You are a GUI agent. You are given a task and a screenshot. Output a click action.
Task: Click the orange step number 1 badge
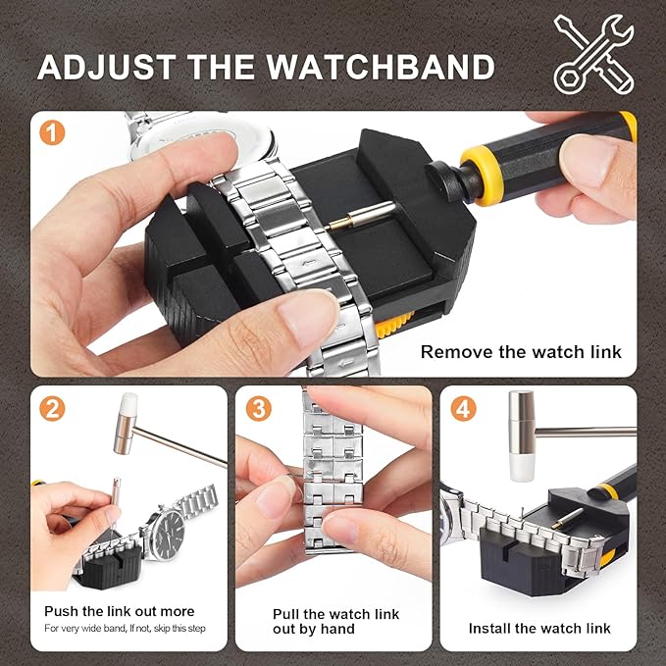[x=52, y=132]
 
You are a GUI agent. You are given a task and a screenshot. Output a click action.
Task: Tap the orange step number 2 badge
[x=52, y=409]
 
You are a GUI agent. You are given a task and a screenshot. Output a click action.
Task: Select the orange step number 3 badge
[x=259, y=409]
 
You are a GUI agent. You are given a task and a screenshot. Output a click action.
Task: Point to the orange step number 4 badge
[x=463, y=409]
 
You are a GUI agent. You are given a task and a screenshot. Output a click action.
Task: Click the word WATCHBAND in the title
[x=381, y=67]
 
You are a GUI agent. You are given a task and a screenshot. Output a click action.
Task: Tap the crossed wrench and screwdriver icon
[x=593, y=54]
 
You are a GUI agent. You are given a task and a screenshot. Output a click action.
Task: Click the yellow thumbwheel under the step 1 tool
[x=393, y=325]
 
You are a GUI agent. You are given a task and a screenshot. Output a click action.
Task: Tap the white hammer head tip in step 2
[x=128, y=403]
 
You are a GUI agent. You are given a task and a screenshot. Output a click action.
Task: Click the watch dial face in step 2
[x=169, y=534]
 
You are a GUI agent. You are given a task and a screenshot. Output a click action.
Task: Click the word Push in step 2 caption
[x=62, y=611]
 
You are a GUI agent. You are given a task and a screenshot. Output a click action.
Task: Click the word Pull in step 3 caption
[x=286, y=614]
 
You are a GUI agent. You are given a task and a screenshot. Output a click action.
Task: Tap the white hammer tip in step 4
[x=522, y=466]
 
